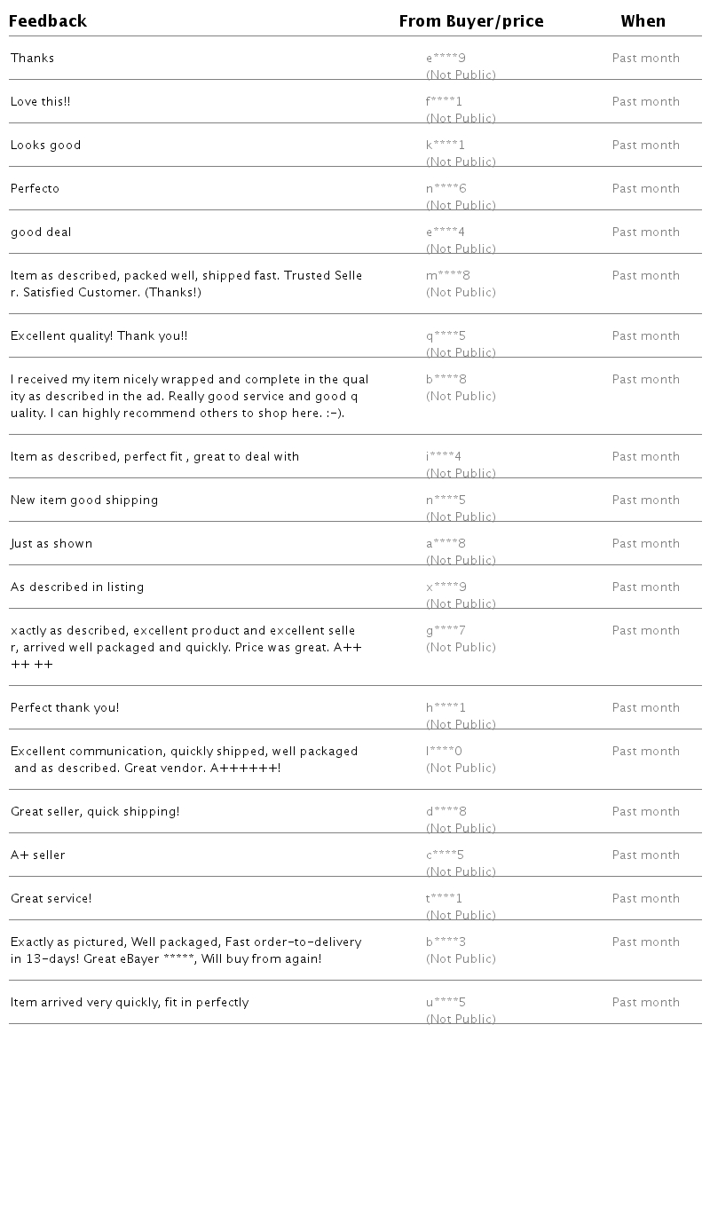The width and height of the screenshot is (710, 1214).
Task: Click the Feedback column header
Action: point(48,21)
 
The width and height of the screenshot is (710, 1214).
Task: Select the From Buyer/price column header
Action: point(471,21)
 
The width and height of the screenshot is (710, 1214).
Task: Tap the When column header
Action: point(643,21)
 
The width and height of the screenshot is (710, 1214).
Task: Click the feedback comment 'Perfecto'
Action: point(35,188)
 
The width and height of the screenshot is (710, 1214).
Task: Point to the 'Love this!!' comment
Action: point(41,101)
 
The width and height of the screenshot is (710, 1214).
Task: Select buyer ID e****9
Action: point(446,59)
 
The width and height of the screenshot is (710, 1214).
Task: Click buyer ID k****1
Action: point(446,146)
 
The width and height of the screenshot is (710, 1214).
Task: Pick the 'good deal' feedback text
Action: point(41,232)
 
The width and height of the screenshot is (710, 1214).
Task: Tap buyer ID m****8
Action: point(448,276)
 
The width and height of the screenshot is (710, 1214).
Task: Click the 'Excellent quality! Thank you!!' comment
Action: point(99,335)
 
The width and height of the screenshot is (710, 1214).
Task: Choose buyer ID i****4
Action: point(444,457)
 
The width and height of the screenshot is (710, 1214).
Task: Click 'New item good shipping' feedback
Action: point(84,500)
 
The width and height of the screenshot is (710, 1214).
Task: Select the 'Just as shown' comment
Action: point(51,543)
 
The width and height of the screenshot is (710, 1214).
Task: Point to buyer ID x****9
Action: point(446,587)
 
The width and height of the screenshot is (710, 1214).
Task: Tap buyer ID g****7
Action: point(446,631)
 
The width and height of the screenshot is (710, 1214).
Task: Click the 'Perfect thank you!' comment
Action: point(65,707)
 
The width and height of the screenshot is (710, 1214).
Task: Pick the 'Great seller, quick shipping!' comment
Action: point(95,811)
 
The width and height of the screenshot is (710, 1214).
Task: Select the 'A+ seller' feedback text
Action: point(38,855)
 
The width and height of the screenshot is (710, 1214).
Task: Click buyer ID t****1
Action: point(444,899)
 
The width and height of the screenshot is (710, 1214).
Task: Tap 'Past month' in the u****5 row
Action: point(646,1002)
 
